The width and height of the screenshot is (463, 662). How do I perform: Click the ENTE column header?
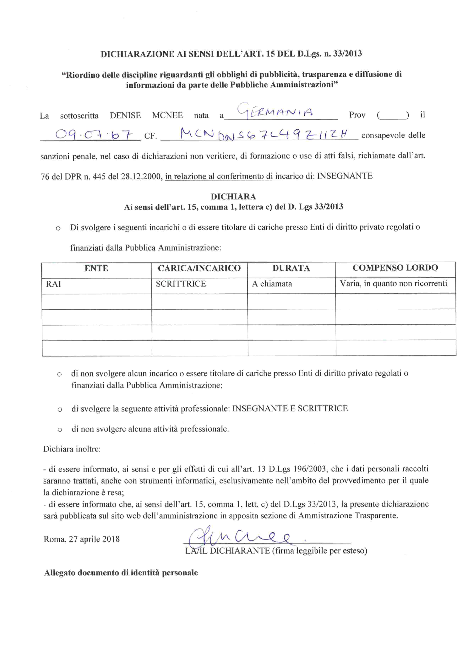coord(96,269)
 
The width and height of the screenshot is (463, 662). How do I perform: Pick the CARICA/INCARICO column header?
coord(199,268)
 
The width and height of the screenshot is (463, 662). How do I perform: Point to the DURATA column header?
coord(291,268)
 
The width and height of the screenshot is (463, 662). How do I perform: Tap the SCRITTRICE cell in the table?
coord(181,284)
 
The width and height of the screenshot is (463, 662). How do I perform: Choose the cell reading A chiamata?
coord(272,284)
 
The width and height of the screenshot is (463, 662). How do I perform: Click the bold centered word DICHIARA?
coord(233,197)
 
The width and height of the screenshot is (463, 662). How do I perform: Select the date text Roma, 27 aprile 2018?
coord(82,539)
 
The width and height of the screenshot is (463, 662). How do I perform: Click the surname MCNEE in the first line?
coord(167,115)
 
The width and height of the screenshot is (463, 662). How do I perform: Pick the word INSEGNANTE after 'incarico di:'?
coord(345,176)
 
